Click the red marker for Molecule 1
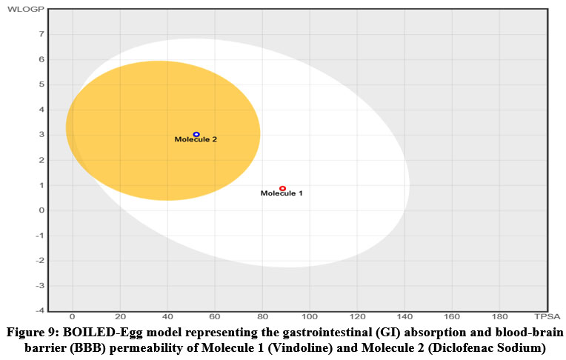282,189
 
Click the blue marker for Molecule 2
196,135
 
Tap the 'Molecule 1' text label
282,194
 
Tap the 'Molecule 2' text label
196,139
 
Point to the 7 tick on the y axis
43,34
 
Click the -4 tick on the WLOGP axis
41,310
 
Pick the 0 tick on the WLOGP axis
43,210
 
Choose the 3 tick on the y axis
43,135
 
